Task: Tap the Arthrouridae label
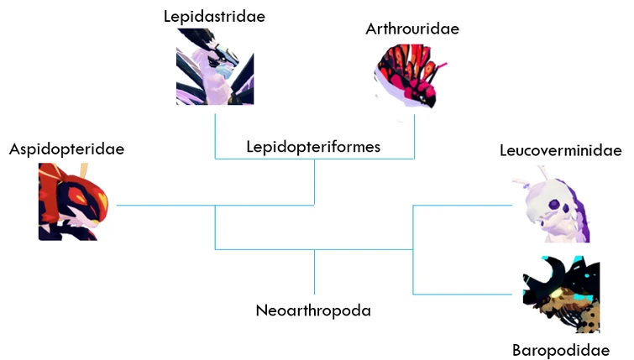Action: click(412, 29)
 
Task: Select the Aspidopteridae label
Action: click(66, 149)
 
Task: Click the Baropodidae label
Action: click(560, 349)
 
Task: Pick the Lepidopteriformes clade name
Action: click(314, 147)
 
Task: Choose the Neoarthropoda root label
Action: click(313, 310)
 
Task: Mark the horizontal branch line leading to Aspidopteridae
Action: click(164, 205)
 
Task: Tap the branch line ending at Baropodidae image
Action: click(466, 294)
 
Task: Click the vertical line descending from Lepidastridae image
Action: click(215, 130)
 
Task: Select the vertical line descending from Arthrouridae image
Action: click(414, 130)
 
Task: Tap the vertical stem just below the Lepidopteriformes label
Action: click(315, 180)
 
